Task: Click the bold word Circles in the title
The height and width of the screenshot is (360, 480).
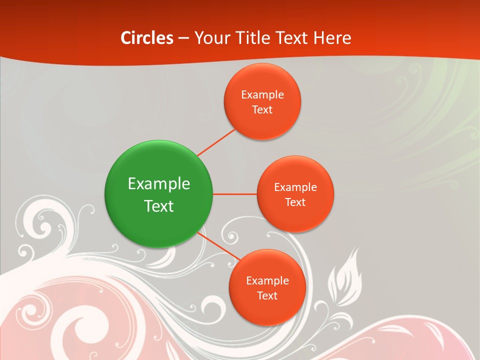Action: coord(147,38)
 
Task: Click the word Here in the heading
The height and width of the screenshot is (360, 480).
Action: coord(332,38)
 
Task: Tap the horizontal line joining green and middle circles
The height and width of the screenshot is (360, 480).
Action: coord(235,194)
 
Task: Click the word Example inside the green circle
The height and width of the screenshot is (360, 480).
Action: coord(159,184)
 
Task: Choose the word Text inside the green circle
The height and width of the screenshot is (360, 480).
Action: coord(159,206)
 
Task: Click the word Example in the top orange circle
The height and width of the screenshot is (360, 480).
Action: coord(262,95)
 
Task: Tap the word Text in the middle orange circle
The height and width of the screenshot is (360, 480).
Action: coord(295,202)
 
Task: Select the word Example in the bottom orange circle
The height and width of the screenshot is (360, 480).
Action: coord(267,281)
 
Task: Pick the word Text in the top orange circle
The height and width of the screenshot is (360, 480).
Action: coord(262,110)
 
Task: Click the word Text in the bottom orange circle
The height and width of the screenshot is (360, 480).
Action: coord(267,296)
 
